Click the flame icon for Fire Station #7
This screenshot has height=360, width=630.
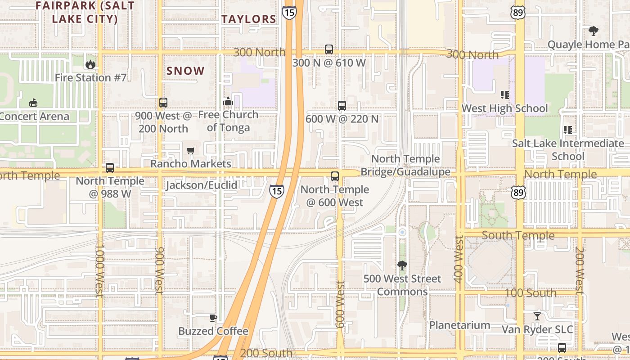pyautogui.click(x=90, y=64)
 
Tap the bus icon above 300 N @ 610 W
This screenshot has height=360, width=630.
pyautogui.click(x=329, y=49)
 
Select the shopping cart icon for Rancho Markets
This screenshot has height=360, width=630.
pyautogui.click(x=191, y=150)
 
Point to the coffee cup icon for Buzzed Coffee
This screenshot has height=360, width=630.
pyautogui.click(x=213, y=318)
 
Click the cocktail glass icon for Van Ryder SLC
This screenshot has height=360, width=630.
pyautogui.click(x=537, y=316)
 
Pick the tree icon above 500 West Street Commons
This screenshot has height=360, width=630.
pyautogui.click(x=402, y=265)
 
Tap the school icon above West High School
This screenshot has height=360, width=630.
pyautogui.click(x=504, y=95)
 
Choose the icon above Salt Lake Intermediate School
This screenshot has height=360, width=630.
pyautogui.click(x=568, y=130)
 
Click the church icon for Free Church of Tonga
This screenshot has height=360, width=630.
pyautogui.click(x=228, y=101)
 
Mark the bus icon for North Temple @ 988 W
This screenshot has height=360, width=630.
pyautogui.click(x=110, y=168)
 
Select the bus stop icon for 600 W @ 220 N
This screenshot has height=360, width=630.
pyautogui.click(x=342, y=106)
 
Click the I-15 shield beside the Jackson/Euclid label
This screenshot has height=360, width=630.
pyautogui.click(x=277, y=191)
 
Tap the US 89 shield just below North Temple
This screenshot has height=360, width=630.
pyautogui.click(x=519, y=193)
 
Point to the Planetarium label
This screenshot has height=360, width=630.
pyautogui.click(x=459, y=325)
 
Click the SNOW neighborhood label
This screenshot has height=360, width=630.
pyautogui.click(x=185, y=71)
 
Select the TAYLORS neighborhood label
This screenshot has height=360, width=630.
pyautogui.click(x=248, y=19)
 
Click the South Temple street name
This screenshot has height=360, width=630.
pyautogui.click(x=518, y=235)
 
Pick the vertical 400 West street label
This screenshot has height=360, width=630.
pyautogui.click(x=459, y=260)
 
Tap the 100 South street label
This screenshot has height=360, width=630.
pyautogui.click(x=530, y=293)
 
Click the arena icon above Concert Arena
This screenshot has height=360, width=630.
pyautogui.click(x=33, y=103)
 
